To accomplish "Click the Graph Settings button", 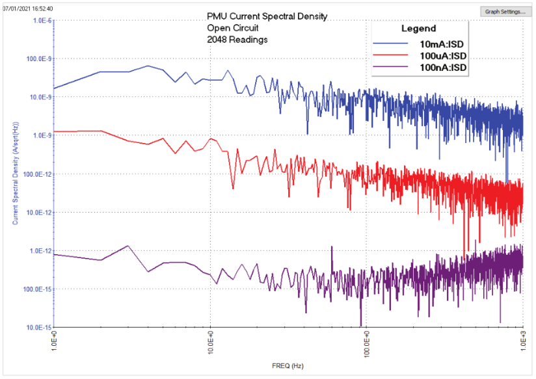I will pos(505,12).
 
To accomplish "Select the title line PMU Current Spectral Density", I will pos(267,16).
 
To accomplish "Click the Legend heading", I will pos(418,29).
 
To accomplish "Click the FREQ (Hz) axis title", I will pos(288,366).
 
